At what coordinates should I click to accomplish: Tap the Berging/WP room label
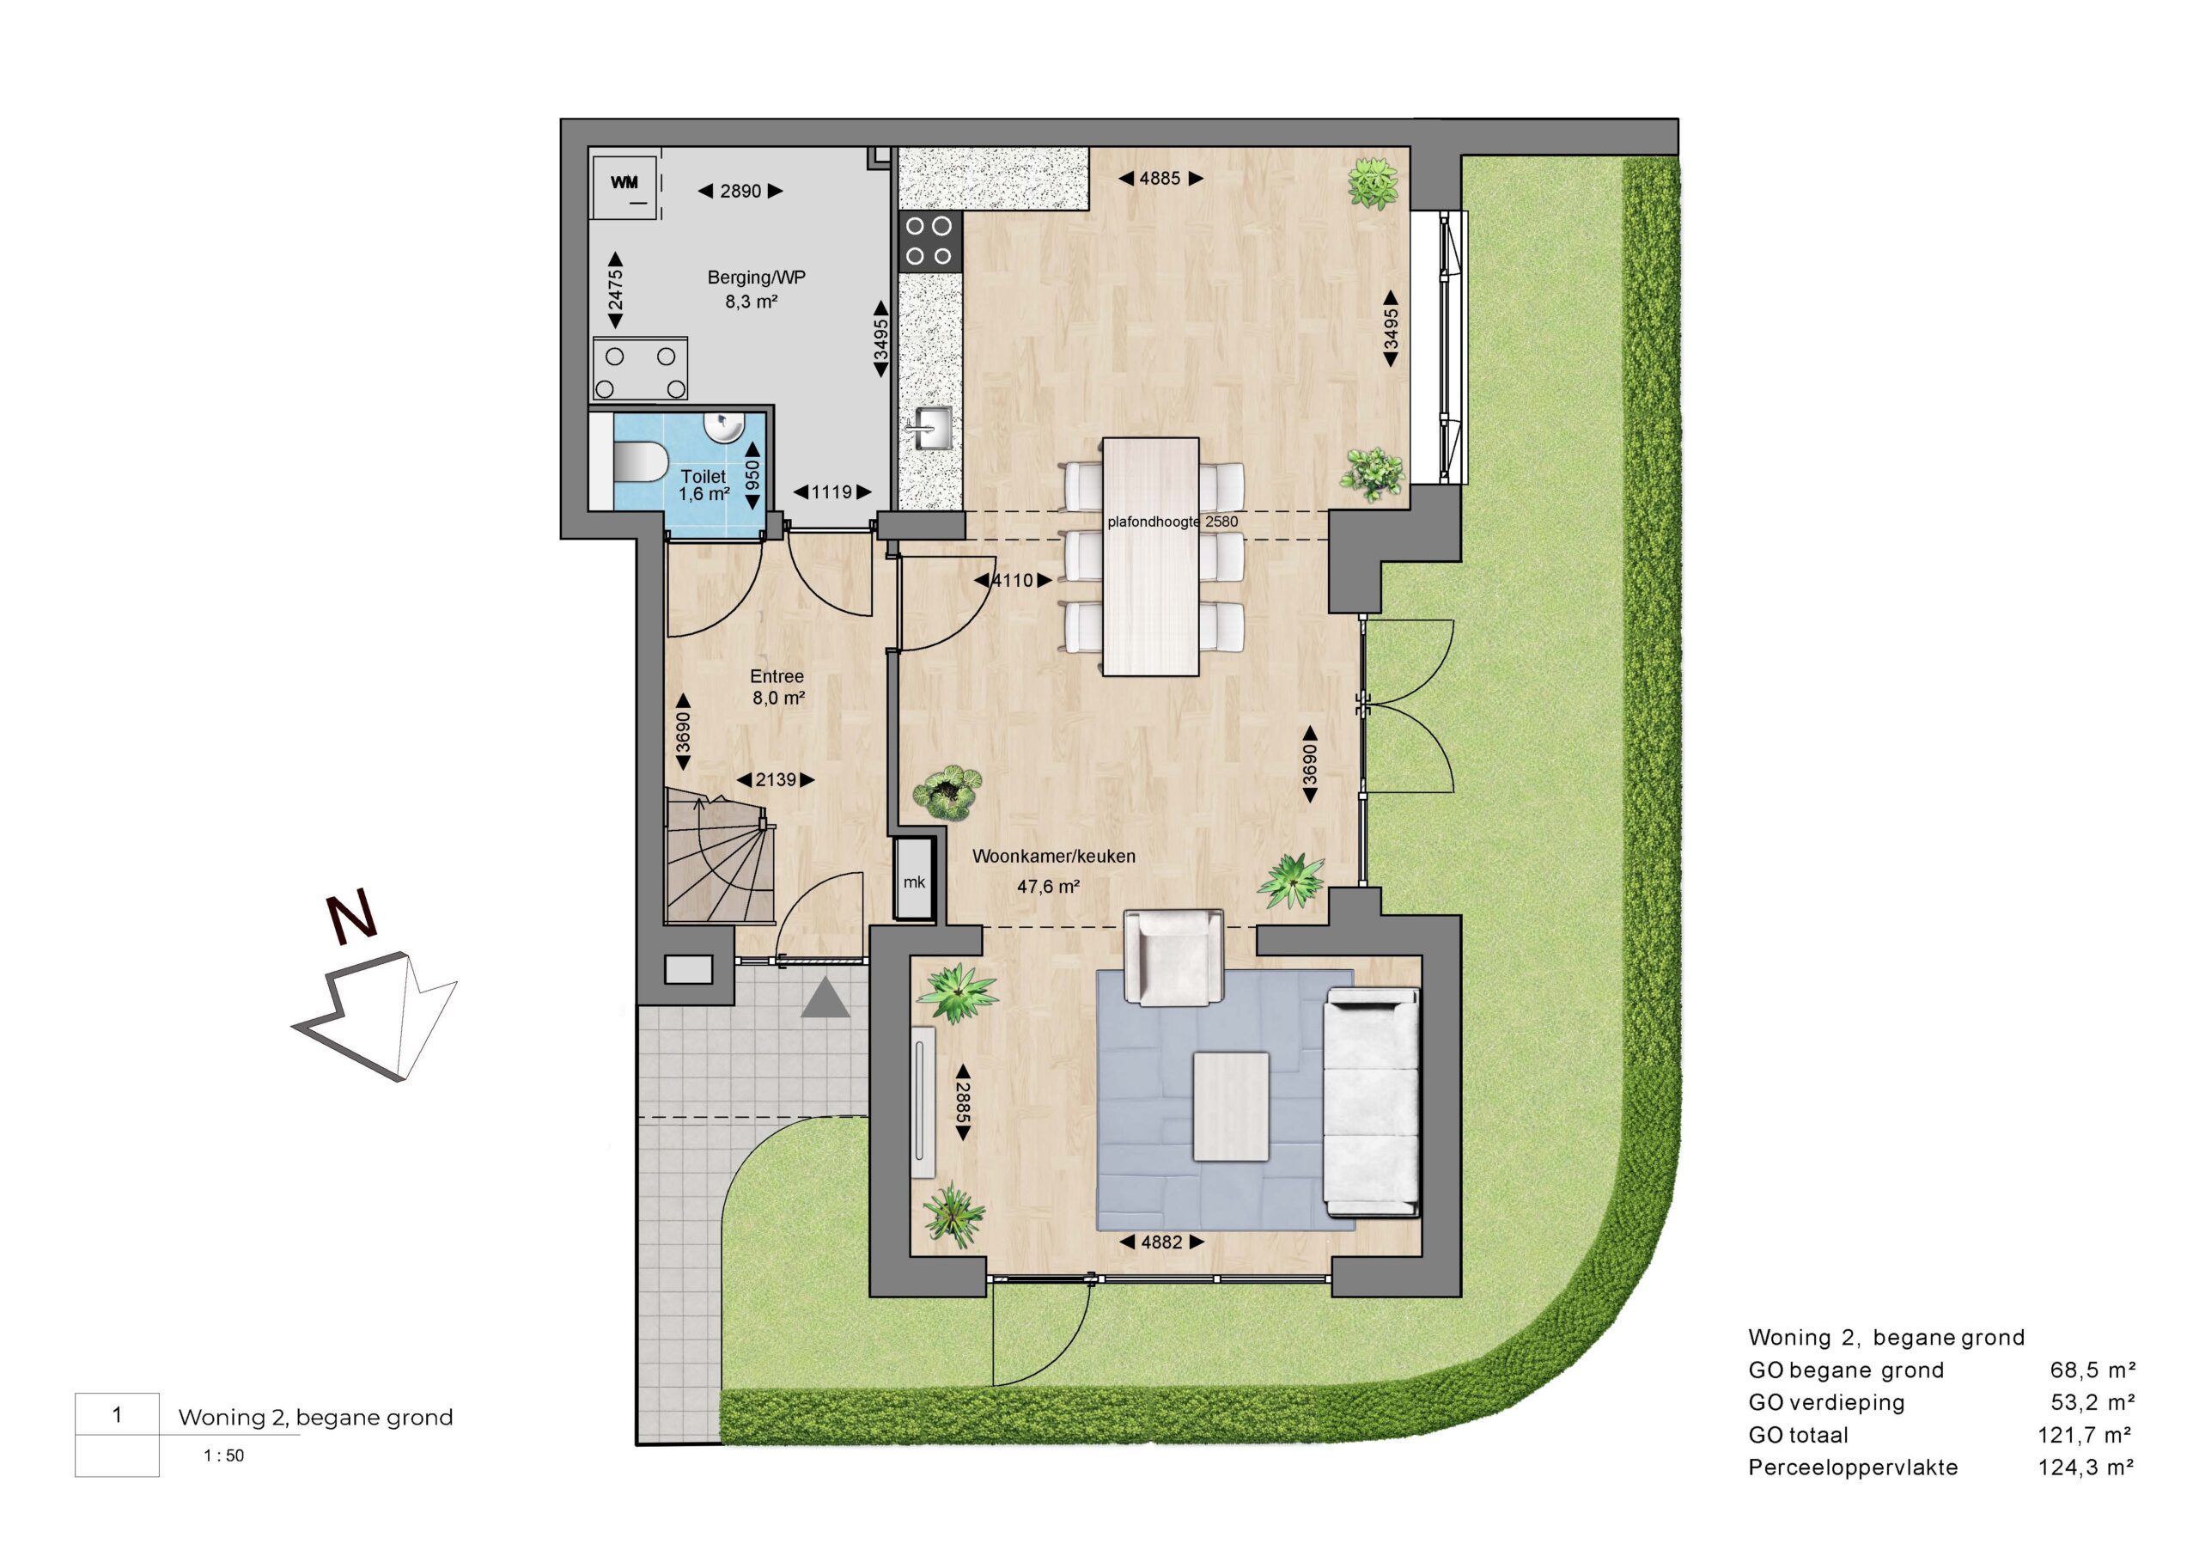(756, 278)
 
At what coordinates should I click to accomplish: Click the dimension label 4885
(1160, 178)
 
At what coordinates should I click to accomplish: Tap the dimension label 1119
(831, 492)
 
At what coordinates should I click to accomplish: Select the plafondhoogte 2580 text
(1173, 522)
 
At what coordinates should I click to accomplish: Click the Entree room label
(777, 676)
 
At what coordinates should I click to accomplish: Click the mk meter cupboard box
(915, 880)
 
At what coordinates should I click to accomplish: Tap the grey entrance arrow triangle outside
(825, 999)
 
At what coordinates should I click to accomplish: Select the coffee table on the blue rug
(1231, 1107)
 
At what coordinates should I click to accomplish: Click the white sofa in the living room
(1372, 1102)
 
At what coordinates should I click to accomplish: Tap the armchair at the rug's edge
(1173, 956)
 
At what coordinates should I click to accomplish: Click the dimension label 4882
(1161, 1242)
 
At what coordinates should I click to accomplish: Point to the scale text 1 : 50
(224, 1456)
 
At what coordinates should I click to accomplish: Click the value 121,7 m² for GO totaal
(2085, 1435)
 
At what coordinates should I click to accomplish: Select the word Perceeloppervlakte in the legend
(1853, 1468)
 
